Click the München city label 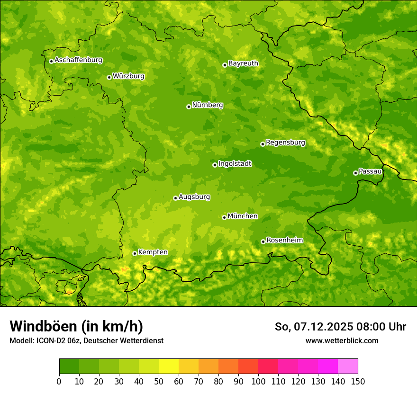[243, 216]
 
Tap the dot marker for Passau [355, 173]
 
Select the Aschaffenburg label [78, 60]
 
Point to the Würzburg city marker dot [109, 77]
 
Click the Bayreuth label [243, 63]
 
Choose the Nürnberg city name [208, 105]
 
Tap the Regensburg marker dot [263, 144]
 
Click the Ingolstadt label [235, 164]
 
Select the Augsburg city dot [175, 198]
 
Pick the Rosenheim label [284, 241]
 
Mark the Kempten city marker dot [135, 253]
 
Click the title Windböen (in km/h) [76, 326]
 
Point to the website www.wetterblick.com [342, 340]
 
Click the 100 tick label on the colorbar [258, 381]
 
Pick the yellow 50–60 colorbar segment [169, 366]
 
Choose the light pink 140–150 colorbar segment [348, 366]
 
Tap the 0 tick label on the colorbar [59, 381]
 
